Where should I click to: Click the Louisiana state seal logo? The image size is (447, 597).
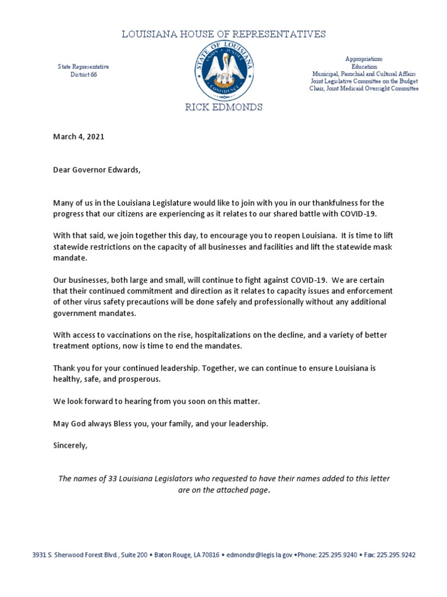(x=223, y=71)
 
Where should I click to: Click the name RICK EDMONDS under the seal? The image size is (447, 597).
(x=223, y=107)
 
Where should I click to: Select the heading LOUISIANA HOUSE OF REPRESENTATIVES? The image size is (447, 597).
(x=223, y=34)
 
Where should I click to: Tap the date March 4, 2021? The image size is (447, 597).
(x=79, y=136)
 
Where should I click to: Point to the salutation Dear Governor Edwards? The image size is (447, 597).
(x=97, y=170)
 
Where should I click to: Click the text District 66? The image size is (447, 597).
(x=83, y=75)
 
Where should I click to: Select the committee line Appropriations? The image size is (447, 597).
(x=364, y=59)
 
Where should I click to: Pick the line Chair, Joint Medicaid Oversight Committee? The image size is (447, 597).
(x=364, y=89)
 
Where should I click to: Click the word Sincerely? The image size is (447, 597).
(x=70, y=445)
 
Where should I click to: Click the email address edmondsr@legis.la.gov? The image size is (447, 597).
(x=259, y=556)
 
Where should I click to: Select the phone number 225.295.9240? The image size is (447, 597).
(x=338, y=556)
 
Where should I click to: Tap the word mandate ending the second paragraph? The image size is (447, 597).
(x=69, y=258)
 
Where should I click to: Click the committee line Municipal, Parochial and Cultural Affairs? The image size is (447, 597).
(x=364, y=75)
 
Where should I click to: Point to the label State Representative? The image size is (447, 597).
(x=83, y=67)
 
